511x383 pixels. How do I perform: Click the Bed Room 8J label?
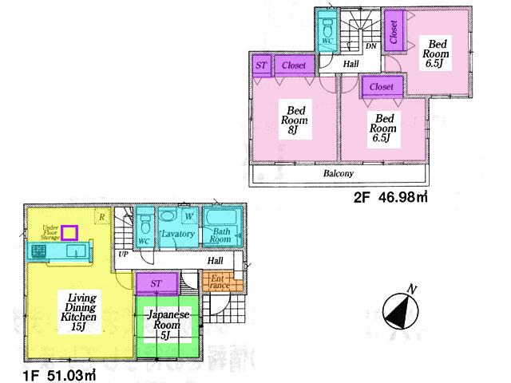294,120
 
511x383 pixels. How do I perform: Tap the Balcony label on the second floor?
339,173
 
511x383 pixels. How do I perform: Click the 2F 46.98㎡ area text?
388,198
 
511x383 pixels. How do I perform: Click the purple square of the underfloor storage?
70,232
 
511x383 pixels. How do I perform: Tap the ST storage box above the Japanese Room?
156,282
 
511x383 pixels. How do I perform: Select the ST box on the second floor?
261,65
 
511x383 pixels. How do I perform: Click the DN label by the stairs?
371,46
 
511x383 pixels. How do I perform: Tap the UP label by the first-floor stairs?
123,254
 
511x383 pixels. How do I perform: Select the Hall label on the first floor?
215,260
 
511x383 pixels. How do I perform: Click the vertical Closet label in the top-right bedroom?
394,31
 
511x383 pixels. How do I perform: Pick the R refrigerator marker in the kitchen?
101,215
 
